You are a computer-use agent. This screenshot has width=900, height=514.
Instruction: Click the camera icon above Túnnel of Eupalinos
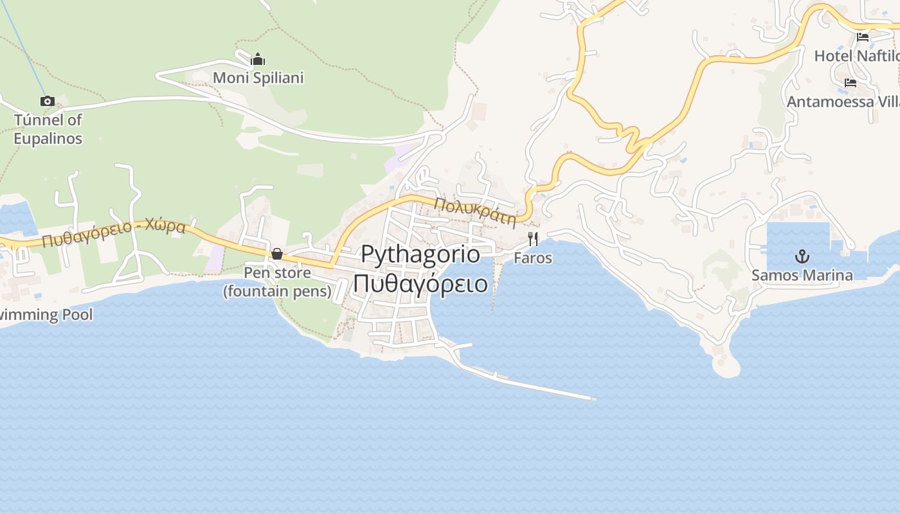pos(47,101)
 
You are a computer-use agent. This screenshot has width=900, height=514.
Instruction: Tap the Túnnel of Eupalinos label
pos(48,128)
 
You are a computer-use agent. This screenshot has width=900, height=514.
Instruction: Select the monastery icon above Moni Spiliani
pos(258,60)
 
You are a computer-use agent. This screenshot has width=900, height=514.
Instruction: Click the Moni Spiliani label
pos(258,78)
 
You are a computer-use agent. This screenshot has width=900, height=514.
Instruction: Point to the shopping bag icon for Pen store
pos(276,254)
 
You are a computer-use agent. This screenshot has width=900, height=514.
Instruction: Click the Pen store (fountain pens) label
pos(277,282)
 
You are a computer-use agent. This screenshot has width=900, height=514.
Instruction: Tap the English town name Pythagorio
pos(420,254)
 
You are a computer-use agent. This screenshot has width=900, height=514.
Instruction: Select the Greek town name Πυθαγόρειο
pos(420,283)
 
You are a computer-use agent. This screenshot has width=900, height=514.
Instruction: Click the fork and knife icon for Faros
pos(532,239)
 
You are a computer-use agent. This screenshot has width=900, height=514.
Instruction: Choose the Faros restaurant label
pos(532,258)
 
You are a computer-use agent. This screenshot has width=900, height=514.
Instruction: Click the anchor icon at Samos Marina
pos(802,257)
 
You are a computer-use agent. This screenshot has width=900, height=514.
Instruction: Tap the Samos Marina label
pos(802,276)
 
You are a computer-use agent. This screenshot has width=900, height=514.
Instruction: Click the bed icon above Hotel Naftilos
pos(863,37)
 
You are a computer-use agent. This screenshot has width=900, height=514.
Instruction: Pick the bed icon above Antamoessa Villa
pos(851,83)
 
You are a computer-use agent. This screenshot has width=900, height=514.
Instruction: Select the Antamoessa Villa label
pos(842,102)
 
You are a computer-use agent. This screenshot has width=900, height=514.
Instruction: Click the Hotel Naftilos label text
pos(856,56)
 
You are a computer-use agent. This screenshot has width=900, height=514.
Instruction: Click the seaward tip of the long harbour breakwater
pos(593,398)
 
